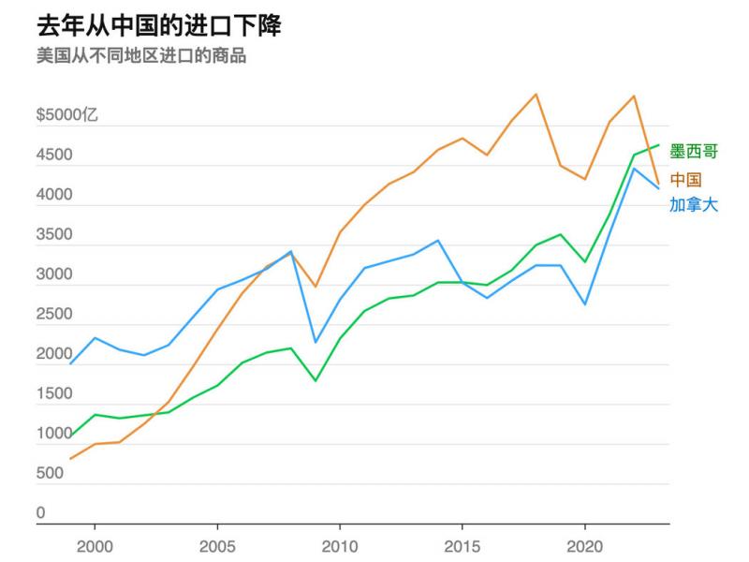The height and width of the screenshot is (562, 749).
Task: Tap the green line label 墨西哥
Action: [x=695, y=152]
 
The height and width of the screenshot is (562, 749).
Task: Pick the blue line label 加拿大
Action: [x=694, y=204]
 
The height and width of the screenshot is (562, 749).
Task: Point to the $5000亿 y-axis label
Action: [x=67, y=116]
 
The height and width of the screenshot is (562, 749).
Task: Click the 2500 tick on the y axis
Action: [x=53, y=315]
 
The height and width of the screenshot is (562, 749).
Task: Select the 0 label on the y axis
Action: [x=40, y=513]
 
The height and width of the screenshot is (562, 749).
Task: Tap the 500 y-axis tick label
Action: [x=50, y=474]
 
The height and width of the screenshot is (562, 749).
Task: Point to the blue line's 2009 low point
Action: [x=316, y=342]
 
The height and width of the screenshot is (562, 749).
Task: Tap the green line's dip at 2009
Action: [x=316, y=380]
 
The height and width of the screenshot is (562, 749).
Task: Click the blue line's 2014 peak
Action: [x=438, y=241]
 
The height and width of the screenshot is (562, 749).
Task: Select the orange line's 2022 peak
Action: [x=634, y=96]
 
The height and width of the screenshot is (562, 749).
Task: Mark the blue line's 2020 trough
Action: [x=584, y=303]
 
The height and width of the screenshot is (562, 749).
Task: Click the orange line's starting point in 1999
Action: [x=71, y=459]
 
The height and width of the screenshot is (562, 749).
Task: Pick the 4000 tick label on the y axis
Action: [x=53, y=196]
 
